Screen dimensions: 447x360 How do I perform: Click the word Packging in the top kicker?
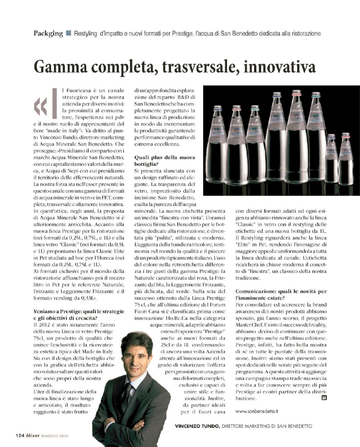click(x=48, y=34)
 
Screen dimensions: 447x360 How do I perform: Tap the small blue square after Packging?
click(x=68, y=33)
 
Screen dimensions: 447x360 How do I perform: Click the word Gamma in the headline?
click(x=60, y=67)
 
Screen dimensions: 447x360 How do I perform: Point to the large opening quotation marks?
click(x=41, y=107)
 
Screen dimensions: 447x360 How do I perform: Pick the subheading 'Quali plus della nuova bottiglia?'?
click(x=164, y=161)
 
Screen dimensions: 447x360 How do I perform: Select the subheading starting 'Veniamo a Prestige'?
click(x=79, y=314)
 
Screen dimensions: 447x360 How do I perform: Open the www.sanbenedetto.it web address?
click(x=257, y=411)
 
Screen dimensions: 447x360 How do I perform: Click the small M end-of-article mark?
click(x=324, y=398)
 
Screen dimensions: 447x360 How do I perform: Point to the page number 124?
click(x=20, y=435)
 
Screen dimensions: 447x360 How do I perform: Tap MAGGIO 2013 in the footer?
click(x=55, y=436)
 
